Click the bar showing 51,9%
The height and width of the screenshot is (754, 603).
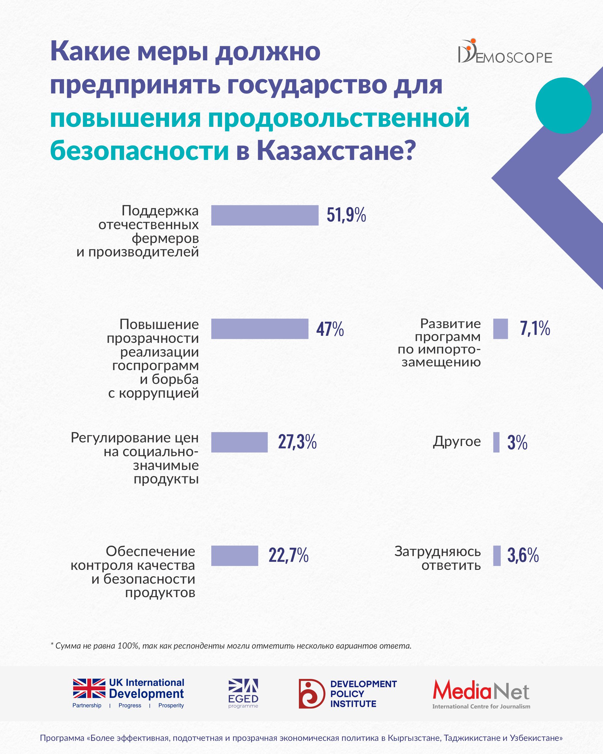[x=265, y=215]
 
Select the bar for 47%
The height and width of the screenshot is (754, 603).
[x=260, y=329]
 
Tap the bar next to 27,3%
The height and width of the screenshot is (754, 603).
[x=239, y=442]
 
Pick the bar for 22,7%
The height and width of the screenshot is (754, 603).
[x=235, y=556]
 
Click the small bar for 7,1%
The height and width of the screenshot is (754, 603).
[x=500, y=329]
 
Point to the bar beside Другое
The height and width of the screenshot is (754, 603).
[x=496, y=442]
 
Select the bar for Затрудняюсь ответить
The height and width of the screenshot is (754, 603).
[x=497, y=556]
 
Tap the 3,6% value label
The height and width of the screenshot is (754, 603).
[x=522, y=555]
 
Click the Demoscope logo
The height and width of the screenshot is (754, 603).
[x=505, y=52]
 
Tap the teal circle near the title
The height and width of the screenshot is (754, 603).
[x=563, y=105]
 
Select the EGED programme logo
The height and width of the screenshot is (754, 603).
[x=243, y=692]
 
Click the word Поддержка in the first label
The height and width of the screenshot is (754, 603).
[x=160, y=210]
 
